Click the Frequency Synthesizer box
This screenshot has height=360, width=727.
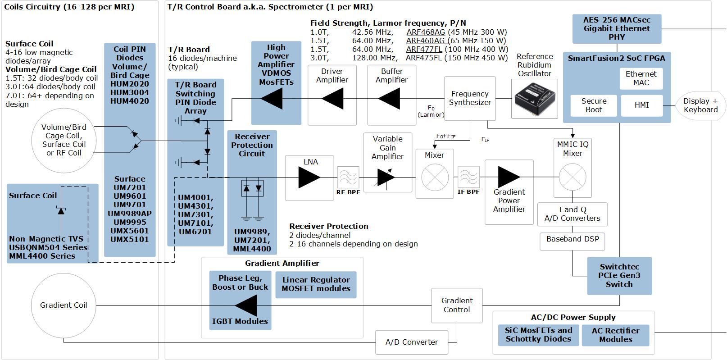[470, 98]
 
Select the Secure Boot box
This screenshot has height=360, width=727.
[594, 105]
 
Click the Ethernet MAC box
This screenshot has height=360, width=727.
[641, 78]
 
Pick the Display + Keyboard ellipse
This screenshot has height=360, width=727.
[700, 105]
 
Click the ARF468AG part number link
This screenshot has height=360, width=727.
[426, 32]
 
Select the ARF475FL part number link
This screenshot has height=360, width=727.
[423, 58]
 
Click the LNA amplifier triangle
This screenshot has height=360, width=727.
[309, 178]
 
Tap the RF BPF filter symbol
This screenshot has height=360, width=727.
[348, 177]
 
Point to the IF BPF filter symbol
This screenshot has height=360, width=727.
[468, 177]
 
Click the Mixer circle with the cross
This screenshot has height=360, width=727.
[435, 178]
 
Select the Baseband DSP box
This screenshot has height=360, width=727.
[573, 239]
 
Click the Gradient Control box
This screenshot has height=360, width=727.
[457, 305]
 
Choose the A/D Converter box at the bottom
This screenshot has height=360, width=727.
[412, 342]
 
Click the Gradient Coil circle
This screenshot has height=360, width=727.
[64, 305]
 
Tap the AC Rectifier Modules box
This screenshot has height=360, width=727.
[615, 335]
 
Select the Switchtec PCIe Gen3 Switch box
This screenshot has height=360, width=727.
[619, 276]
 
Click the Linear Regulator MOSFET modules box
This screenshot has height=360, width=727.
[316, 284]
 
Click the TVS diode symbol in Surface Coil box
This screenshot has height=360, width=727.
[61, 210]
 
